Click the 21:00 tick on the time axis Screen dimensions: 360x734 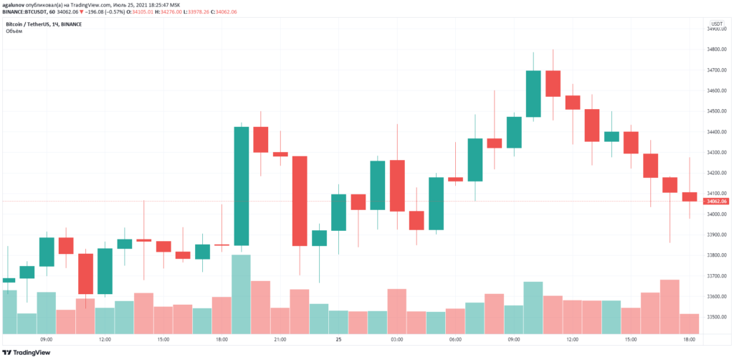280,339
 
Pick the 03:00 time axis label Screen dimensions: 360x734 397,339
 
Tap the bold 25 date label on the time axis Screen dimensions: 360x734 338,339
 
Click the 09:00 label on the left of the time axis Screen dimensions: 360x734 47,339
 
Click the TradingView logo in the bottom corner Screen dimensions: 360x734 29,352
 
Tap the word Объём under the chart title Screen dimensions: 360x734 14,32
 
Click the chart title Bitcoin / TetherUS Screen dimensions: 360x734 32,24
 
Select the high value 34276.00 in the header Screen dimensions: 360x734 166,12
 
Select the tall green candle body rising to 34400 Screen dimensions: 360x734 242,186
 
